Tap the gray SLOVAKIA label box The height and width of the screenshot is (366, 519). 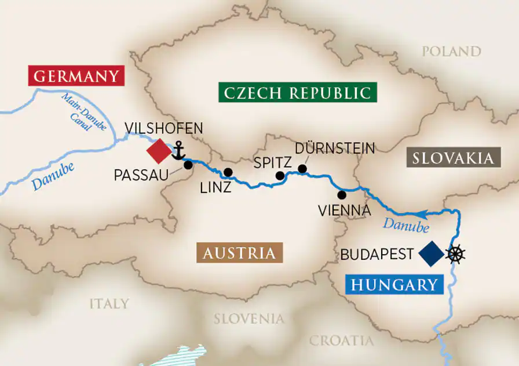click(454, 158)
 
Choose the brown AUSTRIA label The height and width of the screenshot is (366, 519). click(239, 253)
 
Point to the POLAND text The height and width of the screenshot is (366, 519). click(451, 52)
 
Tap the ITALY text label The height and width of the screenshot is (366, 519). click(109, 303)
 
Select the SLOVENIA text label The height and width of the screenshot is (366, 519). click(249, 319)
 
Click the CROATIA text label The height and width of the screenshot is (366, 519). click(341, 340)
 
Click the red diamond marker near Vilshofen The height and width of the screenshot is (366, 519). click(158, 151)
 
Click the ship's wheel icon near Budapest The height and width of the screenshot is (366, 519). click(456, 253)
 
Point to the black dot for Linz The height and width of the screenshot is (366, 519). click(228, 172)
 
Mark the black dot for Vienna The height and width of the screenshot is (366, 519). click(342, 194)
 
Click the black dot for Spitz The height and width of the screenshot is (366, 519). click(280, 176)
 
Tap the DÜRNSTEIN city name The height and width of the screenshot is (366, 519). click(335, 148)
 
